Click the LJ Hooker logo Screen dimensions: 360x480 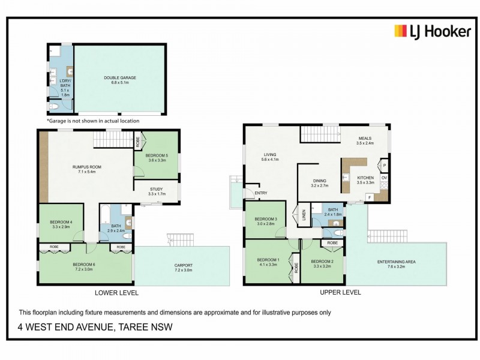click(432, 31)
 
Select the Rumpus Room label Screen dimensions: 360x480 click(84, 169)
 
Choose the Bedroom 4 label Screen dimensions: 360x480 click(62, 225)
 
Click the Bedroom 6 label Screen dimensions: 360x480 click(84, 267)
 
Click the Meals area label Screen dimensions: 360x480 click(365, 141)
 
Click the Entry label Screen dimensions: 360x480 click(261, 193)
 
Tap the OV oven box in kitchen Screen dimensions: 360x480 click(384, 178)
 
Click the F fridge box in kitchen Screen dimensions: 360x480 click(370, 197)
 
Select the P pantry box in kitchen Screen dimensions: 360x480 click(384, 164)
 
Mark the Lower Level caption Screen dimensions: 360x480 click(116, 293)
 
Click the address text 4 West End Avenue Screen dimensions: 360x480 click(95, 327)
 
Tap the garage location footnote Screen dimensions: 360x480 click(93, 121)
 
